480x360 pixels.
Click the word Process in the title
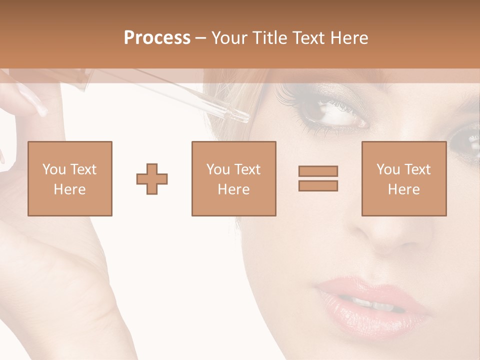click(x=157, y=38)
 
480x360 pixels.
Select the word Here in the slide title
click(x=349, y=38)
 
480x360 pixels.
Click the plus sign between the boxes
click(x=152, y=179)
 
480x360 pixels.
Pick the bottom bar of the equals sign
click(x=318, y=186)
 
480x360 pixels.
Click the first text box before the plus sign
click(x=70, y=178)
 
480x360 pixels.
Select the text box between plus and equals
click(x=233, y=178)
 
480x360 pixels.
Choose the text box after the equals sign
click(x=403, y=178)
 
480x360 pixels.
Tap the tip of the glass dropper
click(x=244, y=118)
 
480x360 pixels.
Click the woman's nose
click(x=390, y=235)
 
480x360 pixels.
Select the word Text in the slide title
click(x=309, y=38)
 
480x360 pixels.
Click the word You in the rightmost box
click(x=387, y=169)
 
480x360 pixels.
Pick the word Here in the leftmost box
click(x=69, y=189)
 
